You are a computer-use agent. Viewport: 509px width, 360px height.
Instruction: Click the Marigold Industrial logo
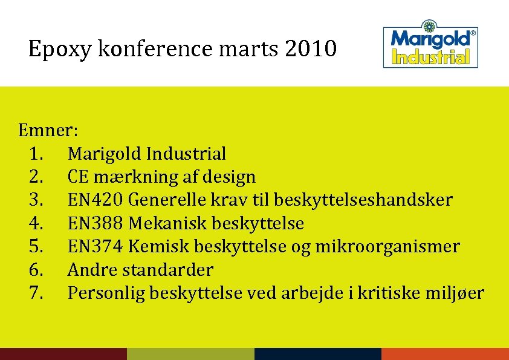pos(431,47)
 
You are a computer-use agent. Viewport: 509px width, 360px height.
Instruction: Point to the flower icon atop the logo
pos(430,27)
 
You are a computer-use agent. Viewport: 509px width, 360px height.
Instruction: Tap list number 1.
pos(35,154)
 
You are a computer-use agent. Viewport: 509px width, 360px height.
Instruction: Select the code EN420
pos(96,200)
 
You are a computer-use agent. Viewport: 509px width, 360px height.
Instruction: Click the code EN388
pos(96,223)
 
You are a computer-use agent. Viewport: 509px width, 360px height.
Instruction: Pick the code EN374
pos(96,246)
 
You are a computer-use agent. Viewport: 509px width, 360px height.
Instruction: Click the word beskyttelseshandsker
pos(363,200)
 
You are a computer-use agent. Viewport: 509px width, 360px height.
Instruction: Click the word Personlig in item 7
pos(106,293)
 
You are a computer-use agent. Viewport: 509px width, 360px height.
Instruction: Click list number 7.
pos(36,293)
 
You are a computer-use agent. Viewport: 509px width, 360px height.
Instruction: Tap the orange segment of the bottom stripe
pos(445,354)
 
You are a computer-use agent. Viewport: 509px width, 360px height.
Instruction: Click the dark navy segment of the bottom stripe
pos(318,354)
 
